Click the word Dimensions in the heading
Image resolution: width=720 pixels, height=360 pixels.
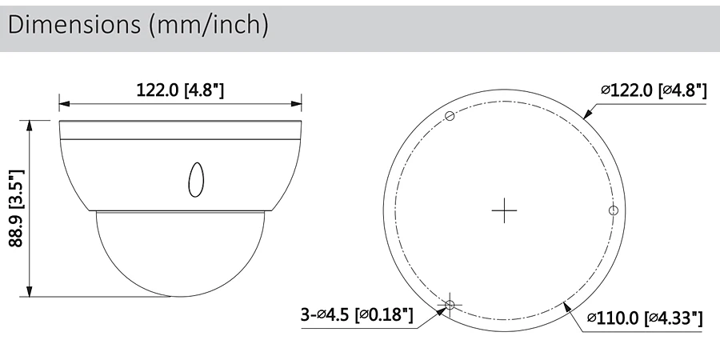[74, 24]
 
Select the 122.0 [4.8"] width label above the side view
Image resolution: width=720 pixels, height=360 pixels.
[180, 90]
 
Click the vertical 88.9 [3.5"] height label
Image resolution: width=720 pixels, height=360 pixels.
[17, 208]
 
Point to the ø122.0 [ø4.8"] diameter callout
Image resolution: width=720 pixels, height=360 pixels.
[654, 90]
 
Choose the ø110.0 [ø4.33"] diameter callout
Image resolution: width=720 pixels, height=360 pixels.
[645, 318]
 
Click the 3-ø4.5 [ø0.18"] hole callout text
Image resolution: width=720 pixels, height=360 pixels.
[357, 315]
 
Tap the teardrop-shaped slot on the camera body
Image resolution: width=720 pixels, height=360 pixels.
[196, 179]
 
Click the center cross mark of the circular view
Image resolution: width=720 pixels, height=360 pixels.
[504, 210]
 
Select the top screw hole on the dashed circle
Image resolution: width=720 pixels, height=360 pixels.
[450, 116]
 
